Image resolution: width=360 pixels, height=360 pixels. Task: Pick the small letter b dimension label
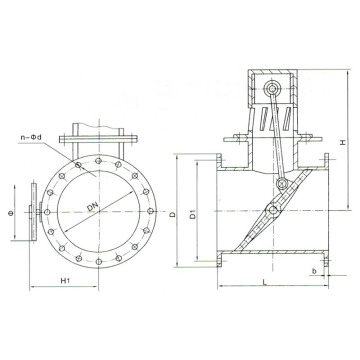click(313, 270)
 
